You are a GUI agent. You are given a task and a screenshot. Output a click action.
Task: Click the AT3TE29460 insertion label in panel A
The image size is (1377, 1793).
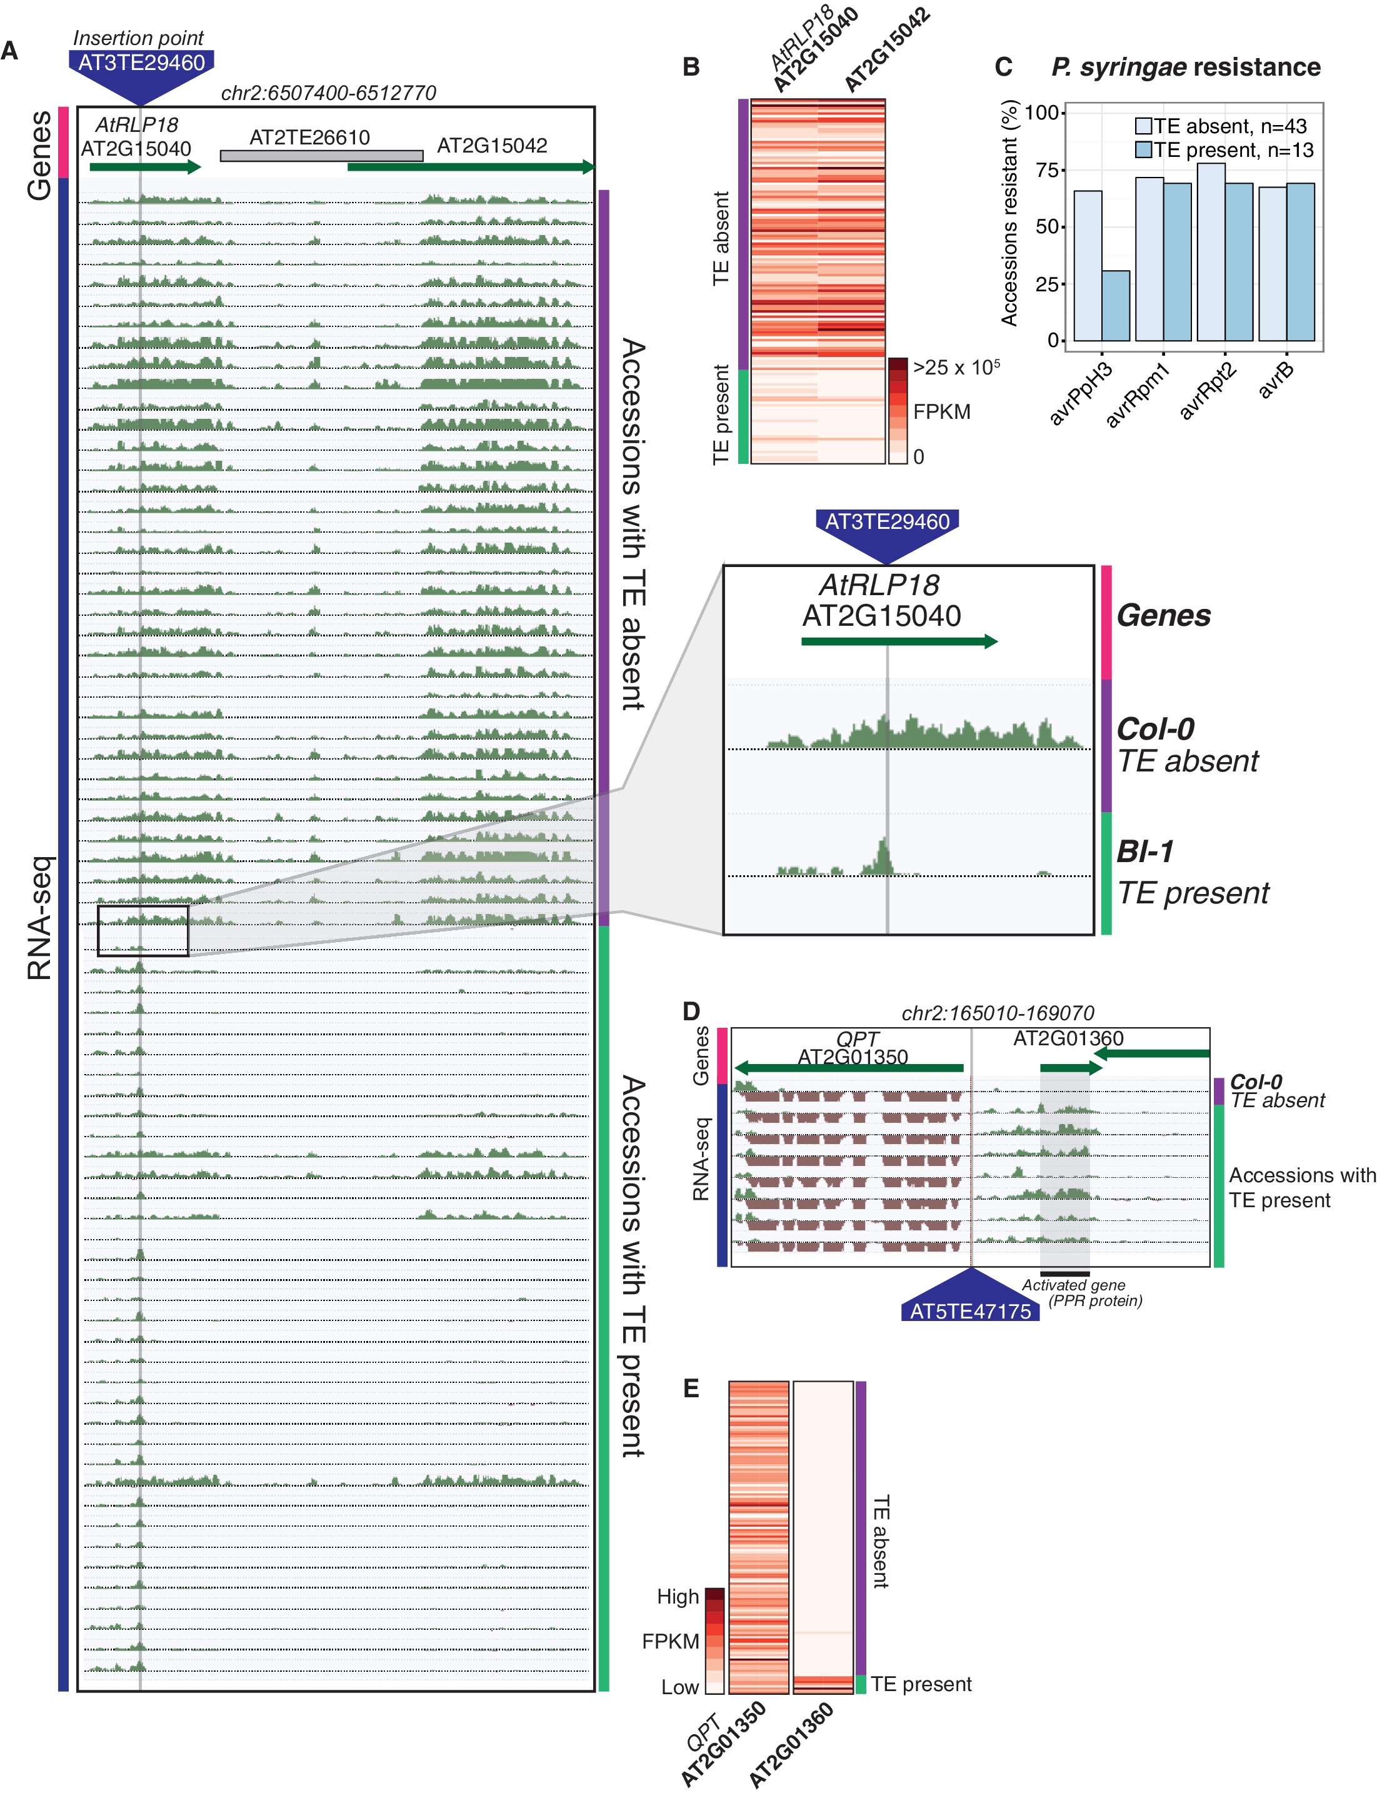pyautogui.click(x=141, y=63)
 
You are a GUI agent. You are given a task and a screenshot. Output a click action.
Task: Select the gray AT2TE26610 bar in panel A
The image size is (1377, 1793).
pyautogui.click(x=321, y=156)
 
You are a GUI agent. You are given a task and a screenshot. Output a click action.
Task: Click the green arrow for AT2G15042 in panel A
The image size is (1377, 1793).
pyautogui.click(x=471, y=168)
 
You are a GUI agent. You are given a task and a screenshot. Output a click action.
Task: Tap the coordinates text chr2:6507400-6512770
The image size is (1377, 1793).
pyautogui.click(x=328, y=93)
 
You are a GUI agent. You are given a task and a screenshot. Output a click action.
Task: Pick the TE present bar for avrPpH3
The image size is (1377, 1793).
pyautogui.click(x=1116, y=305)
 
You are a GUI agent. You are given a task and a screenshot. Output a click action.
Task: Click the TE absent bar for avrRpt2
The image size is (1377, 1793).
pyautogui.click(x=1211, y=252)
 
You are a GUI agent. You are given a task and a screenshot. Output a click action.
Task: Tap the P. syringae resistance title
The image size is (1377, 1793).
pyautogui.click(x=1185, y=68)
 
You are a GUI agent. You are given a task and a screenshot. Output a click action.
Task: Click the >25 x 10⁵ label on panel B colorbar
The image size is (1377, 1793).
pyautogui.click(x=956, y=368)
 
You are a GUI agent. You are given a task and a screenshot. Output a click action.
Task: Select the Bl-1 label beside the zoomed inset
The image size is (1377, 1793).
pyautogui.click(x=1145, y=852)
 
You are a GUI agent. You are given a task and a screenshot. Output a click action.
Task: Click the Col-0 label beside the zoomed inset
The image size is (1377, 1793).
pyautogui.click(x=1156, y=729)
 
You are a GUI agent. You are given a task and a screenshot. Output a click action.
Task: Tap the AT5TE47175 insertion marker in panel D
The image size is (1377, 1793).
pyautogui.click(x=971, y=1311)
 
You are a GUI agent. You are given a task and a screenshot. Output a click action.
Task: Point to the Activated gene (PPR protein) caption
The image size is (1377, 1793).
pyautogui.click(x=1080, y=1293)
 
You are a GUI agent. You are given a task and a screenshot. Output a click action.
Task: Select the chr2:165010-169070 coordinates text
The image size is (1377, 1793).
pyautogui.click(x=998, y=1013)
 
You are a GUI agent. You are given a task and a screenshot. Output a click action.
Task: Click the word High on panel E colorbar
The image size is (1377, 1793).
pyautogui.click(x=678, y=1596)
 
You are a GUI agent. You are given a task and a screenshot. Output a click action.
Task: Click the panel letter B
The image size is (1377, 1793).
pyautogui.click(x=691, y=68)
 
